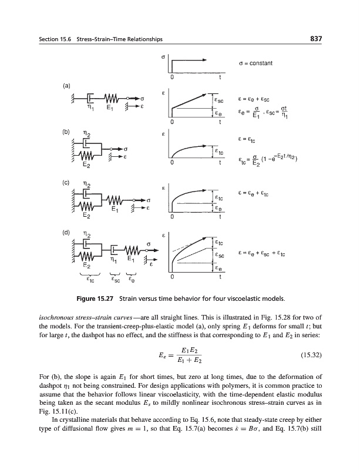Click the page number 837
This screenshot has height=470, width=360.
point(315,39)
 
